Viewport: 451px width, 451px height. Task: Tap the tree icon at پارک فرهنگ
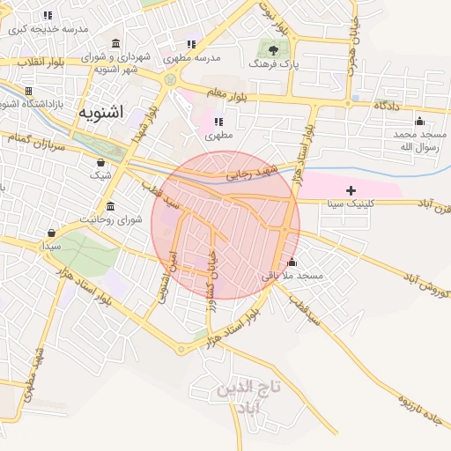pyautogui.click(x=275, y=50)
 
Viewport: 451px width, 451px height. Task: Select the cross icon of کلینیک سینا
pyautogui.click(x=351, y=190)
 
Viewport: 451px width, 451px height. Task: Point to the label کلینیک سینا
pyautogui.click(x=351, y=203)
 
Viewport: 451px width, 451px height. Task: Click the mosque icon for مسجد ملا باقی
pyautogui.click(x=292, y=262)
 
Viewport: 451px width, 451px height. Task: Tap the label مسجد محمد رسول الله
pyautogui.click(x=419, y=140)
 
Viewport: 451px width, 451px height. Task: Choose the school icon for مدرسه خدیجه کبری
pyautogui.click(x=47, y=15)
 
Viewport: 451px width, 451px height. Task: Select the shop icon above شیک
pyautogui.click(x=100, y=161)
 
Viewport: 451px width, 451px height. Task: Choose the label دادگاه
pyautogui.click(x=386, y=105)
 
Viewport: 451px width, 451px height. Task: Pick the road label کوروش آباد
pyautogui.click(x=413, y=282)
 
